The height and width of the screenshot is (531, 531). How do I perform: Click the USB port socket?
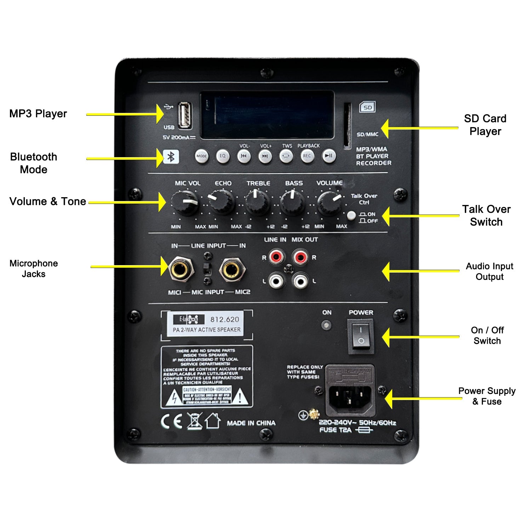(185, 115)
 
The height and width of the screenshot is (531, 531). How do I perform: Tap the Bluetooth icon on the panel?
(171, 156)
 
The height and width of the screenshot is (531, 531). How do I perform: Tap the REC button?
(307, 156)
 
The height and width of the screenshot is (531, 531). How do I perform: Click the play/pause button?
(329, 156)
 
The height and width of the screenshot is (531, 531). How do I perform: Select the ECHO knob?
(222, 202)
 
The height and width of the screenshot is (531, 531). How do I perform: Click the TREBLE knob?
(257, 202)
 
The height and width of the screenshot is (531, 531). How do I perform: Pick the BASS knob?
(292, 203)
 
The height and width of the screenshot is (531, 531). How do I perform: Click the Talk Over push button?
(351, 215)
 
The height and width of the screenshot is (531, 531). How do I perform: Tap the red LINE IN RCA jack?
(276, 256)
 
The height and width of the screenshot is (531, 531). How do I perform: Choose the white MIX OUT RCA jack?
(300, 281)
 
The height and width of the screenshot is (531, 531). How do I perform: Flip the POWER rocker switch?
(361, 335)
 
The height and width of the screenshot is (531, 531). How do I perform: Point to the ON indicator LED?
(326, 325)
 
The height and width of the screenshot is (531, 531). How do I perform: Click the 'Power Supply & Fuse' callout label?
(487, 396)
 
